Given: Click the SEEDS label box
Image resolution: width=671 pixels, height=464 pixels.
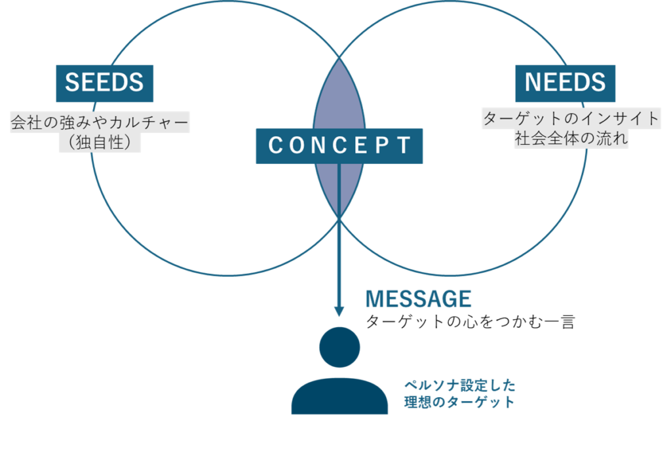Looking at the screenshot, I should tap(104, 83).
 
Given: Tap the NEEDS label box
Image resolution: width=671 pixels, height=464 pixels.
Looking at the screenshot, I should tap(565, 83).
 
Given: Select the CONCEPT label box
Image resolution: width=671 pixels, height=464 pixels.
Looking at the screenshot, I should tap(339, 145).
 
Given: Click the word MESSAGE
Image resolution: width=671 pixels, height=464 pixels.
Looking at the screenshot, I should tap(419, 300).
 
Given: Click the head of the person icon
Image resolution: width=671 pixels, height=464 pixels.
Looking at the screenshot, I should tap(339, 347).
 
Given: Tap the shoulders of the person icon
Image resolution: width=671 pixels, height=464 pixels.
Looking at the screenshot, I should tap(339, 396).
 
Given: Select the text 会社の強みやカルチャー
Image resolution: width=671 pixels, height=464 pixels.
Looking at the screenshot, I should tap(100, 123).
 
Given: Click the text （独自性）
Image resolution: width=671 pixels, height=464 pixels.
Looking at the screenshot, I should tap(100, 143).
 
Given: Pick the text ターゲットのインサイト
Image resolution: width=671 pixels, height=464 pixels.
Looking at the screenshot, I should tap(571, 119).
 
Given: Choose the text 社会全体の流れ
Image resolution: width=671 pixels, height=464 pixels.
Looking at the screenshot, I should tap(571, 139).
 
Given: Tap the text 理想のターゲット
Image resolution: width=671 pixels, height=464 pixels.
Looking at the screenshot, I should tap(459, 402).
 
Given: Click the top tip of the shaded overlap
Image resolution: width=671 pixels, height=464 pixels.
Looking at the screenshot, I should tap(339, 58).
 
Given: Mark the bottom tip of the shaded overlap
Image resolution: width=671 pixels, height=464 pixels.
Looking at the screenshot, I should tap(339, 217).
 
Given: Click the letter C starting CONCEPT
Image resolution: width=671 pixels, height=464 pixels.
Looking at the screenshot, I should tap(275, 145).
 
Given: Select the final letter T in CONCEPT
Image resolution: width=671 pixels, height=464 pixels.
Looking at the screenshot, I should tap(405, 145).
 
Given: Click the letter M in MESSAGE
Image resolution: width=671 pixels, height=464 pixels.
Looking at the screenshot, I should tap(374, 300).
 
